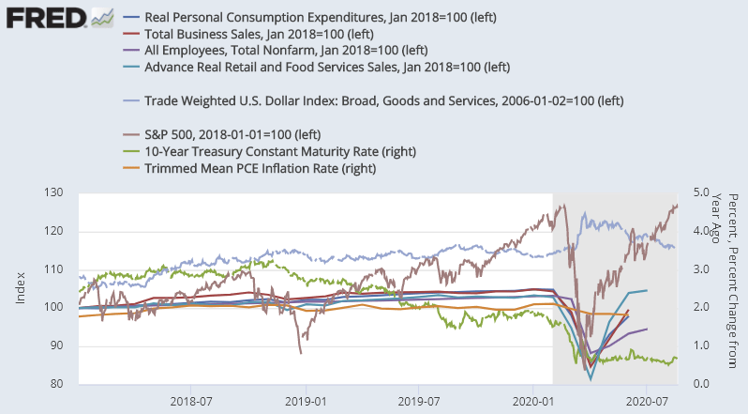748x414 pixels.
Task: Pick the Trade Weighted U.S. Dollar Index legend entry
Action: click(383, 100)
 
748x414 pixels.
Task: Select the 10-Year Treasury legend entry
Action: click(280, 151)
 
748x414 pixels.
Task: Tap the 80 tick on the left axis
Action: click(56, 384)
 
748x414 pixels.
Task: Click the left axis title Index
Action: click(20, 288)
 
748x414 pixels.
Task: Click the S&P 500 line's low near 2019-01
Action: click(301, 352)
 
